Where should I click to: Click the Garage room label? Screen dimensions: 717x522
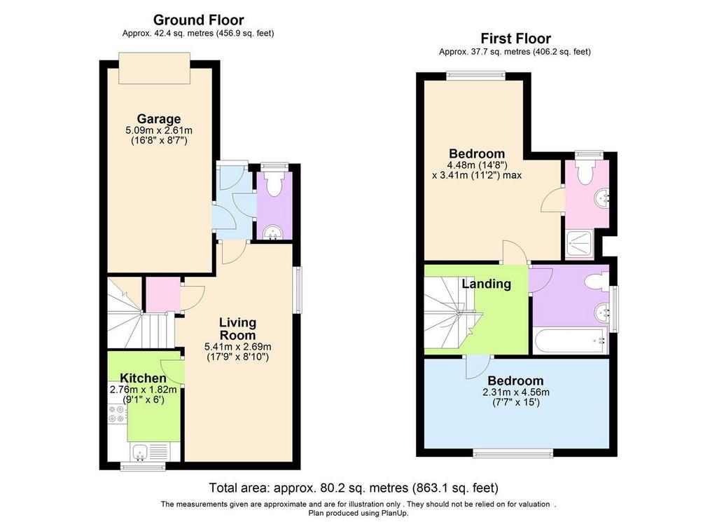click(159, 119)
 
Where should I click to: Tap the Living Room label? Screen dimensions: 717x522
click(237, 329)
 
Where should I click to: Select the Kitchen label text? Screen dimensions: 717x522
click(143, 378)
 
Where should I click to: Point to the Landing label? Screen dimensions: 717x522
click(486, 284)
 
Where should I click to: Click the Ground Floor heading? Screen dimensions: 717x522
click(198, 20)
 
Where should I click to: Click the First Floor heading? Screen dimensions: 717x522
click(515, 38)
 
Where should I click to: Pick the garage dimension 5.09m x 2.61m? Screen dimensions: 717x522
click(159, 130)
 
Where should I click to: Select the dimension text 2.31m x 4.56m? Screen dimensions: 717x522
click(516, 392)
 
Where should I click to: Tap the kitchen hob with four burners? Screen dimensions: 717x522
click(117, 414)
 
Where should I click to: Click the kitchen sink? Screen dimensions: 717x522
click(139, 453)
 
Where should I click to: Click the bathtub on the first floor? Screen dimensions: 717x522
click(570, 341)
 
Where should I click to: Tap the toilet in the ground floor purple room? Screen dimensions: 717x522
click(274, 183)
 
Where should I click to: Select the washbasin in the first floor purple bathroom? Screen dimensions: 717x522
click(602, 313)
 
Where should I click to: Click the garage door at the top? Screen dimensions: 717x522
click(155, 68)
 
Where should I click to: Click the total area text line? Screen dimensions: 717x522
click(354, 488)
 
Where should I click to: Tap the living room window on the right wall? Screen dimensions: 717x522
click(298, 290)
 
